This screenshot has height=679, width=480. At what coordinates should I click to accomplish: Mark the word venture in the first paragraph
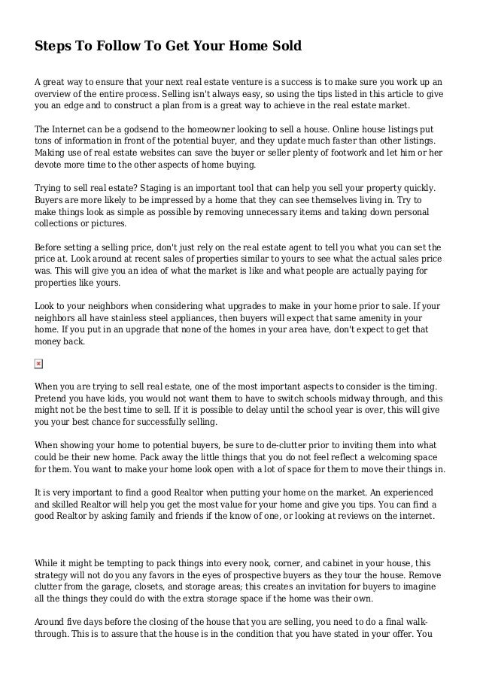coord(260,79)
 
